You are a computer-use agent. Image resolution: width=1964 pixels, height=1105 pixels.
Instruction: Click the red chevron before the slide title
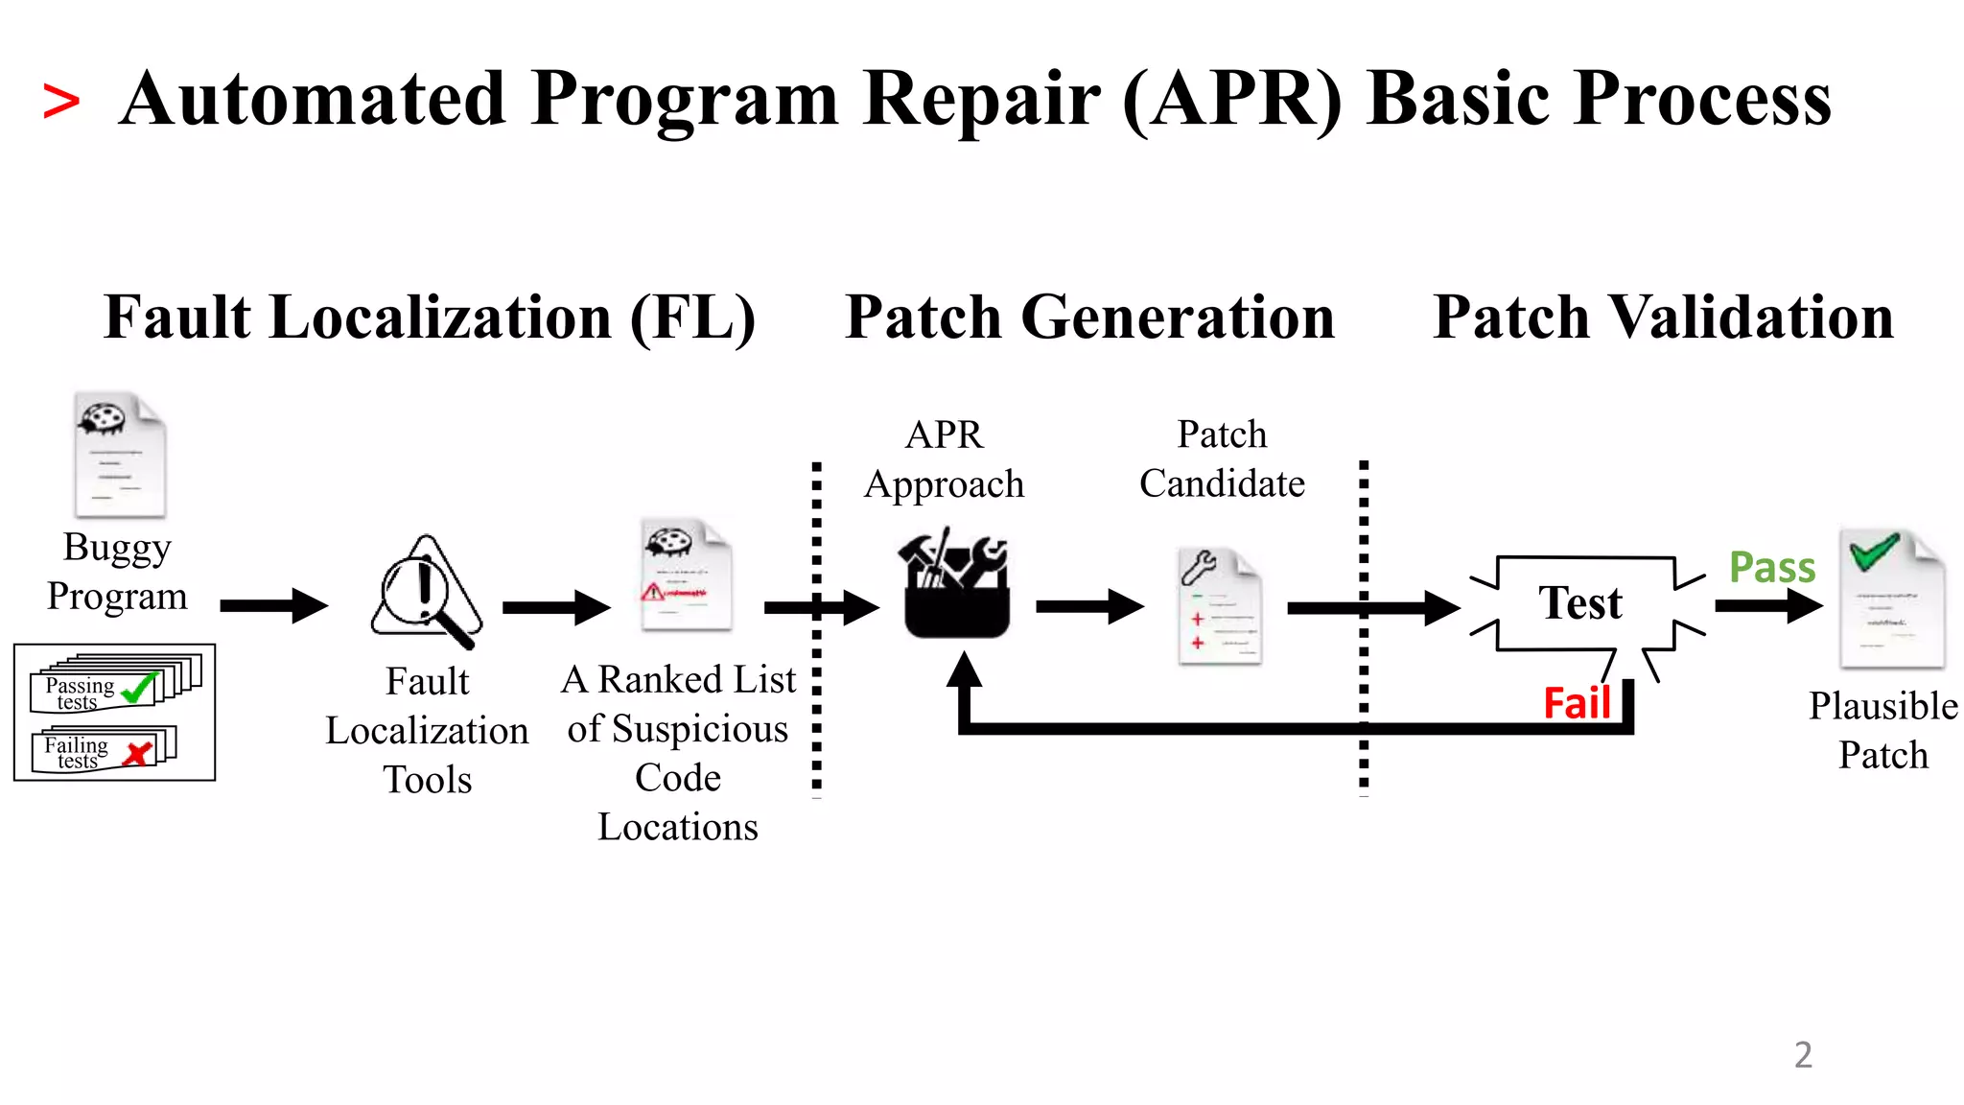pos(60,103)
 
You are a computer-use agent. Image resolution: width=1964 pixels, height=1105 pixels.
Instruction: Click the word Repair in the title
pos(980,99)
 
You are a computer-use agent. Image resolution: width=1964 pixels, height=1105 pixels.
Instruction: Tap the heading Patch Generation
pos(1089,317)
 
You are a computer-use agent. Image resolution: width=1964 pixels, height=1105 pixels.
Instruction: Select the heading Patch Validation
pos(1663,317)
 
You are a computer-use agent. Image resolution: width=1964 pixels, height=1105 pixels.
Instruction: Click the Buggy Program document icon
pos(120,456)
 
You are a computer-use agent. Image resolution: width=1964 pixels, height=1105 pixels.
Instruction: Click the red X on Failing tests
pos(139,753)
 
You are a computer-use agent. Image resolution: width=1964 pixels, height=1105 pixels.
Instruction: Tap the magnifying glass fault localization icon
pos(426,593)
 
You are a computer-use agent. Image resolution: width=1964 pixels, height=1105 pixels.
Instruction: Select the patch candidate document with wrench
pos(1218,606)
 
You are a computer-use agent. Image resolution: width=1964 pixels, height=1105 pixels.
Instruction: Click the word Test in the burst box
pos(1579,603)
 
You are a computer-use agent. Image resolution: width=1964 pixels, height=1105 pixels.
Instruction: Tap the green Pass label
pos(1771,568)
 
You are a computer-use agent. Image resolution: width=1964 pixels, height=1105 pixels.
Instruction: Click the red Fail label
pos(1577,704)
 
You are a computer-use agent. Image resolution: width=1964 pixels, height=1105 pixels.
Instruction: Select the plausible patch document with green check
pos(1890,599)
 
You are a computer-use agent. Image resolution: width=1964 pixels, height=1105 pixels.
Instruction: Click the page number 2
pos(1803,1055)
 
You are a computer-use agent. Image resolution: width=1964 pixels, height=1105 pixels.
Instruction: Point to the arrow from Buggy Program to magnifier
pos(273,605)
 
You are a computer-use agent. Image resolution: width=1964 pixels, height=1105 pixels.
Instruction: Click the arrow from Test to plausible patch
pos(1767,605)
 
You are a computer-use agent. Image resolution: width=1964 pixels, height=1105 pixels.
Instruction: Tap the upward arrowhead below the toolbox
pos(965,670)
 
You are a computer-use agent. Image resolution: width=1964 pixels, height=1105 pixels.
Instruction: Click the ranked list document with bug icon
pos(686,575)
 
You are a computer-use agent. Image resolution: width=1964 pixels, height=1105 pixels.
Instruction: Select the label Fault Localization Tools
pos(427,731)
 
